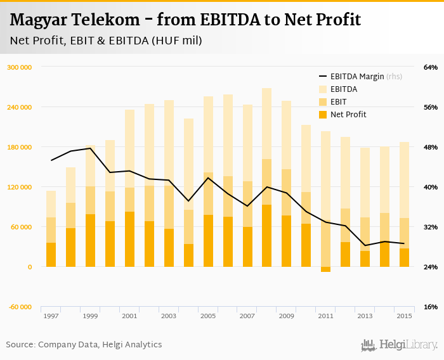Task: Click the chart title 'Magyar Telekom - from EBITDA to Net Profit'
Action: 185,20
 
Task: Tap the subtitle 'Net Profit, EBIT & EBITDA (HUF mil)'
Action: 106,41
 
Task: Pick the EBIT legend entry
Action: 339,102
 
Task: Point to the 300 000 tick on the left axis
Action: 20,67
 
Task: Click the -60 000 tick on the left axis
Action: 20,307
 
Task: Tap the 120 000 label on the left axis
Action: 20,187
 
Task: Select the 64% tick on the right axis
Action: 413,67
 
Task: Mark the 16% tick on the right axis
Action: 413,307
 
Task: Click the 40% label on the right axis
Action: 413,187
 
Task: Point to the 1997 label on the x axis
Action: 51,316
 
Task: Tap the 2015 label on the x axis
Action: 404,316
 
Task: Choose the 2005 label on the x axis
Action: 208,316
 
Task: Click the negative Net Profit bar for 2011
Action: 325,269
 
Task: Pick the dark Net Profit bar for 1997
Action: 51,255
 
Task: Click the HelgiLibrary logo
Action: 399,345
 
